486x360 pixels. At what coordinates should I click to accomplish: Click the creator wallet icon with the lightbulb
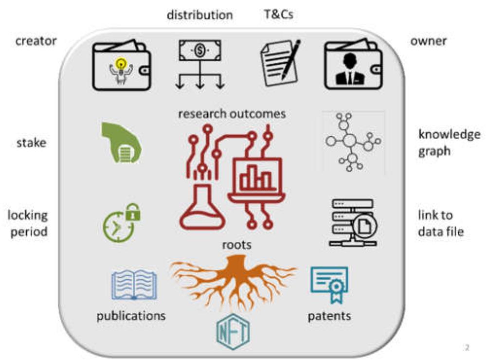pyautogui.click(x=122, y=66)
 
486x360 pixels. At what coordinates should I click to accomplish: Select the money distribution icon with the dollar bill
pyautogui.click(x=200, y=64)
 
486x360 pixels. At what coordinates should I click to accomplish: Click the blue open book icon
pyautogui.click(x=134, y=285)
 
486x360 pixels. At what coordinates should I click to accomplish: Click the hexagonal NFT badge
pyautogui.click(x=233, y=332)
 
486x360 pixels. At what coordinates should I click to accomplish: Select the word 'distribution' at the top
pyautogui.click(x=199, y=15)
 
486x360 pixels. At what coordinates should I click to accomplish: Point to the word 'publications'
pyautogui.click(x=131, y=316)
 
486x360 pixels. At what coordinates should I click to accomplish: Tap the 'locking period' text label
pyautogui.click(x=27, y=223)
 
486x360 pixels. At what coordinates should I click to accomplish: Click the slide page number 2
pyautogui.click(x=467, y=347)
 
